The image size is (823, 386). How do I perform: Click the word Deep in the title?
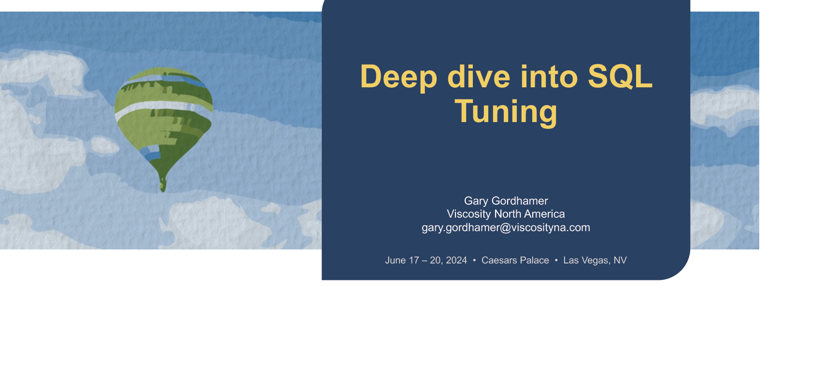click(398, 77)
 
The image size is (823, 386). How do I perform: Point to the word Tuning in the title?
click(506, 111)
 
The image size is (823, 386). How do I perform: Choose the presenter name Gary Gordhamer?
click(506, 201)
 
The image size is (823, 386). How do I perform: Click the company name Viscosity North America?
click(506, 214)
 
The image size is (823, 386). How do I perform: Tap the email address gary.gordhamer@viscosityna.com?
click(506, 227)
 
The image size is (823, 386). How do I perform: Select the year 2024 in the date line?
click(456, 260)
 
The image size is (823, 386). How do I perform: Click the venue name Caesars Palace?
click(515, 260)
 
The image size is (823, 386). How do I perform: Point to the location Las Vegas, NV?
click(595, 260)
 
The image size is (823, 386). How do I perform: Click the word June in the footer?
click(396, 260)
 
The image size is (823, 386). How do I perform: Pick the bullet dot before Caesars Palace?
click(474, 260)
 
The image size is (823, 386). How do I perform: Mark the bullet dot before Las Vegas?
click(556, 260)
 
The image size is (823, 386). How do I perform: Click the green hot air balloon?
click(164, 125)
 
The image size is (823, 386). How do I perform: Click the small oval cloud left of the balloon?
click(105, 145)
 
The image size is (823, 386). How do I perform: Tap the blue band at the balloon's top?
click(184, 79)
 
